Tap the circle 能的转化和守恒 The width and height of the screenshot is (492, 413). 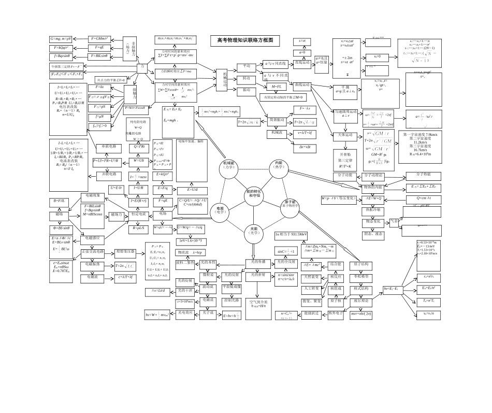(254, 194)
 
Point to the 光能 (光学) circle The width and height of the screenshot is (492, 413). (254, 230)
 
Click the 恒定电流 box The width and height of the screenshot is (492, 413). (140, 213)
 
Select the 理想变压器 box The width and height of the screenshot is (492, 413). (125, 252)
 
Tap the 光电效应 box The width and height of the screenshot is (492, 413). (185, 312)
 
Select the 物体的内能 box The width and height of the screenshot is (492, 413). (373, 187)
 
